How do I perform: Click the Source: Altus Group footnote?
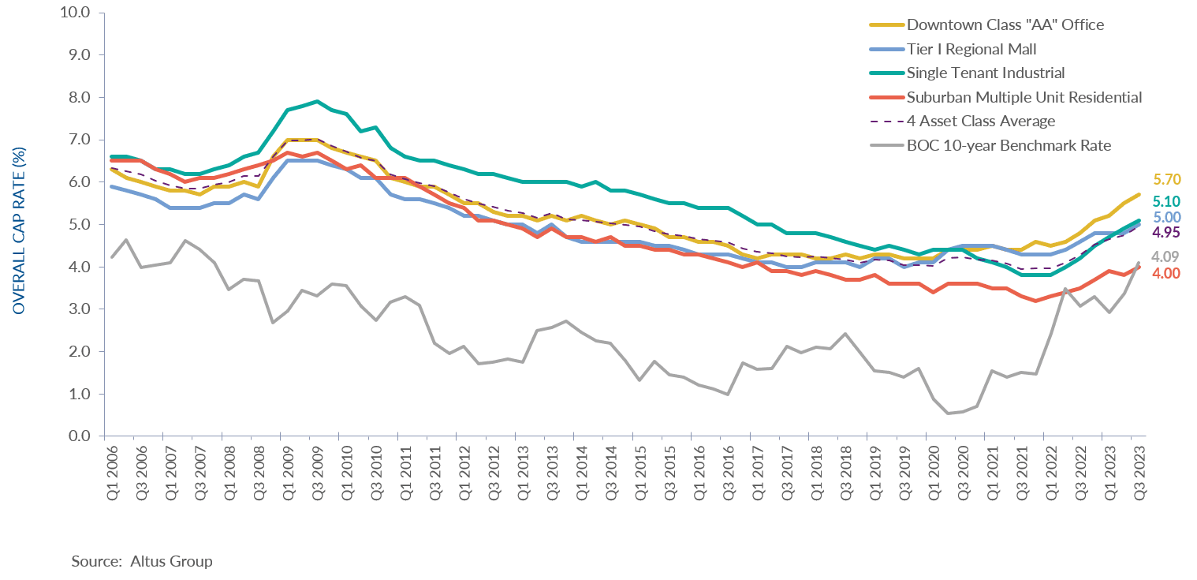[142, 562]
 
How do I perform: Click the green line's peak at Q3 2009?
[316, 101]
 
